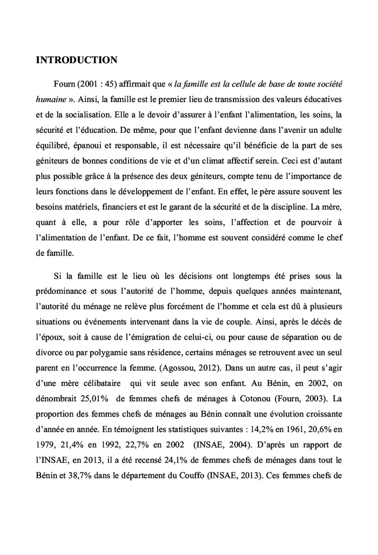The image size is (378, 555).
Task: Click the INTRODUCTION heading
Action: point(76,60)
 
